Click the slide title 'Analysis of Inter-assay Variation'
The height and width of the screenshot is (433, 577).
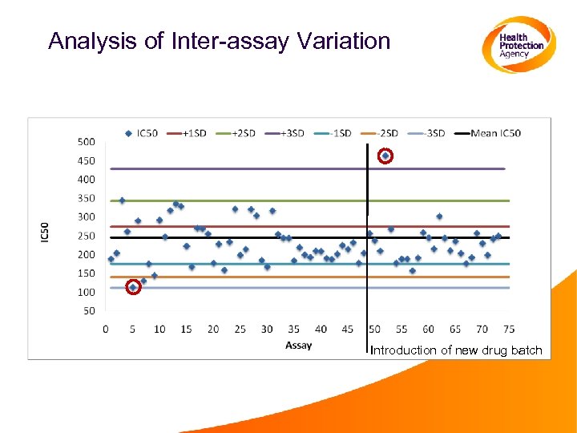click(x=219, y=41)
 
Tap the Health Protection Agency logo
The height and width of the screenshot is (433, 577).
click(x=518, y=45)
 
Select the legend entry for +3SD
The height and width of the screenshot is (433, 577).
click(x=294, y=133)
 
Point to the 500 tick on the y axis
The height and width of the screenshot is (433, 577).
click(x=86, y=142)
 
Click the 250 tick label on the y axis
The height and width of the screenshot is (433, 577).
click(x=86, y=236)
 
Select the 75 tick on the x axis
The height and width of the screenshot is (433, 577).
click(x=508, y=329)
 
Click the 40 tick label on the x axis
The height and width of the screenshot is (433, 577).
click(x=321, y=329)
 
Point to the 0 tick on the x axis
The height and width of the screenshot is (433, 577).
click(x=107, y=329)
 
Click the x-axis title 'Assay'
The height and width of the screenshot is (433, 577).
click(x=298, y=346)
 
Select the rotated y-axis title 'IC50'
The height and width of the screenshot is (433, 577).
click(x=45, y=233)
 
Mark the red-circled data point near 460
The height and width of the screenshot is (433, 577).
click(x=385, y=156)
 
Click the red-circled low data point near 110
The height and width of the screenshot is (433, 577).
click(x=133, y=287)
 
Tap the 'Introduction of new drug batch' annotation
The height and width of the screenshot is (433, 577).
click(x=457, y=350)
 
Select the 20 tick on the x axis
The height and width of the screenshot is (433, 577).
click(x=213, y=329)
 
